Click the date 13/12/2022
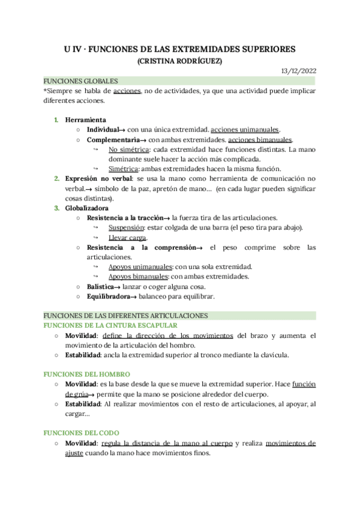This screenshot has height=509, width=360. pyautogui.click(x=299, y=71)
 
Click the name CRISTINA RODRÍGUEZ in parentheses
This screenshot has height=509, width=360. pyautogui.click(x=179, y=61)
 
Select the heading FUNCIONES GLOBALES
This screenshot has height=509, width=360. pyautogui.click(x=81, y=81)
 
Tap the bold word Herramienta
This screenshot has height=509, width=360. pyautogui.click(x=86, y=119)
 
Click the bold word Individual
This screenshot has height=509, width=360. pyautogui.click(x=103, y=130)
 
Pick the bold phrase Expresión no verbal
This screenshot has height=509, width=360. pyautogui.click(x=99, y=178)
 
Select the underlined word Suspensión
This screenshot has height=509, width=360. pyautogui.click(x=127, y=227)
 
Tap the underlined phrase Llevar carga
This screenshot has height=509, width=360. pyautogui.click(x=127, y=238)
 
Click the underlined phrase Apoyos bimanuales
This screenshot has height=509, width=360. pyautogui.click(x=138, y=277)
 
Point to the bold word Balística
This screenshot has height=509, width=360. pyautogui.click(x=100, y=286)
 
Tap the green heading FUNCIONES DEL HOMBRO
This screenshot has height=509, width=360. pyautogui.click(x=86, y=374)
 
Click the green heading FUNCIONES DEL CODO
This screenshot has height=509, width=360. pyautogui.click(x=81, y=432)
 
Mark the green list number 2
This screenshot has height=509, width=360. pyautogui.click(x=57, y=178)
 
